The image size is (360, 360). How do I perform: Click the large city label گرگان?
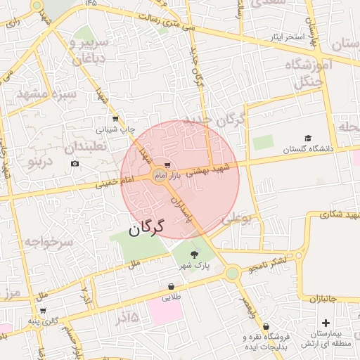(146, 228)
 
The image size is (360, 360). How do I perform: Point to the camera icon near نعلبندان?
(75, 164)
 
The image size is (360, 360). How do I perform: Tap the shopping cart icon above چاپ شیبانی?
(115, 119)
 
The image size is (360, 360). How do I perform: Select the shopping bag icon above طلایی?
(171, 287)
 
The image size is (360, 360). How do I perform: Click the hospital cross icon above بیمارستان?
(326, 322)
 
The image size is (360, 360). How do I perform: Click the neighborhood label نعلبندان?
(86, 147)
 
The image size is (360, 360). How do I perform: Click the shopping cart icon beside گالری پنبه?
(43, 310)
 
